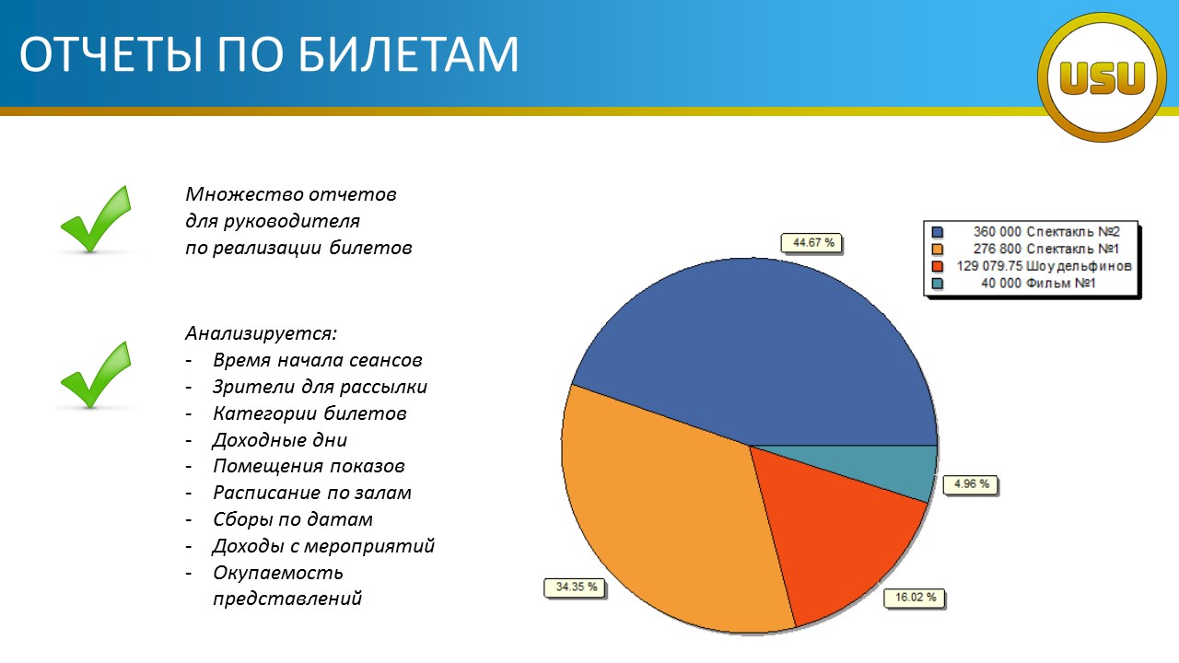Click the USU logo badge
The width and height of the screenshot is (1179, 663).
[x=1103, y=77]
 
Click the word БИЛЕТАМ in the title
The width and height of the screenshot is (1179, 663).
[x=410, y=53]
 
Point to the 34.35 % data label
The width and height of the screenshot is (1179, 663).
[x=576, y=587]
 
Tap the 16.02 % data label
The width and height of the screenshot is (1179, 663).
[x=915, y=598]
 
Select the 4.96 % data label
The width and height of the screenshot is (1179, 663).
[x=971, y=484]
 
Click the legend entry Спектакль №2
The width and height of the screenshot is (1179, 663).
[x=1073, y=231]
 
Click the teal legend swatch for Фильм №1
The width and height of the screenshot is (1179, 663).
[x=938, y=284]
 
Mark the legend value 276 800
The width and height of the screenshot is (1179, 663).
[x=997, y=249]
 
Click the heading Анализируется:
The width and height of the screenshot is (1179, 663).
[x=261, y=333]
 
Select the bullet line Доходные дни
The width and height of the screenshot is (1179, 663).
[x=279, y=440]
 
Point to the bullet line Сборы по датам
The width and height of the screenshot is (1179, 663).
[x=293, y=519]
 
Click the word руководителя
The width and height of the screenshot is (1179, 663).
[x=292, y=221]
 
